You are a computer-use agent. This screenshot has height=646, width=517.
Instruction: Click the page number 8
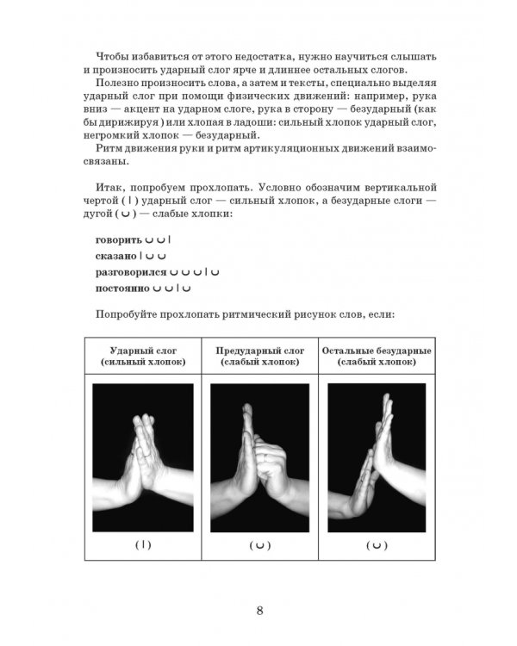(x=259, y=612)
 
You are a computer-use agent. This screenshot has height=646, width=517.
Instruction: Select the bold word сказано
(x=116, y=256)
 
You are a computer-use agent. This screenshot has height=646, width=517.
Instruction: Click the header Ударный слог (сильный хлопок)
(x=143, y=357)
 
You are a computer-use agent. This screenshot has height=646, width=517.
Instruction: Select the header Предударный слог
(x=259, y=351)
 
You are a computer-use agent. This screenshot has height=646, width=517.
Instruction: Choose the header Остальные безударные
(x=376, y=351)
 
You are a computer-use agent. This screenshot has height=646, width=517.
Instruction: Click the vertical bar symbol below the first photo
(x=143, y=544)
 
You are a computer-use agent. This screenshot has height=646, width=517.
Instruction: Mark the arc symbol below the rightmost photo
(x=376, y=545)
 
